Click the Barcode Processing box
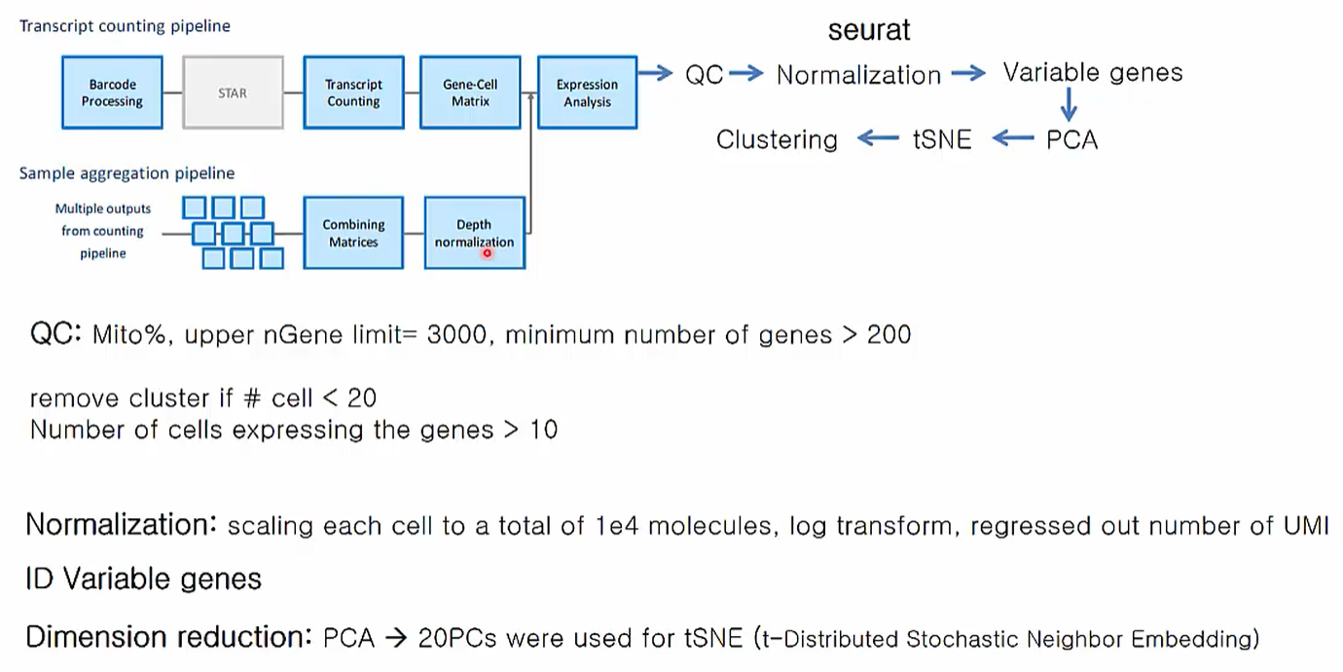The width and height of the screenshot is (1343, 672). pyautogui.click(x=112, y=93)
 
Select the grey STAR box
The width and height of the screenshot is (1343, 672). pyautogui.click(x=233, y=93)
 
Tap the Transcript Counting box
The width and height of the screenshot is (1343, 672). pyautogui.click(x=353, y=93)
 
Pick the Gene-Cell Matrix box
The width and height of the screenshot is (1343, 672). pyautogui.click(x=470, y=93)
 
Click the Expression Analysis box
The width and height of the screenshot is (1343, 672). pyautogui.click(x=587, y=93)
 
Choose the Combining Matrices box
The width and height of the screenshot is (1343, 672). pyautogui.click(x=353, y=233)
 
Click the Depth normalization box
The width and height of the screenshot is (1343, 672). pyautogui.click(x=474, y=233)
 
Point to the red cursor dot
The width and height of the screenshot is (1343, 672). pyautogui.click(x=487, y=253)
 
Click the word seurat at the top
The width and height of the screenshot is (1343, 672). pyautogui.click(x=869, y=30)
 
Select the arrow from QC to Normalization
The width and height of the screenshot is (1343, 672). pyautogui.click(x=746, y=73)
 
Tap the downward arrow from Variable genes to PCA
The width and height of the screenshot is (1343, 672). pyautogui.click(x=1069, y=104)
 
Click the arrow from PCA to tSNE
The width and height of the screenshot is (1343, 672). pyautogui.click(x=1013, y=139)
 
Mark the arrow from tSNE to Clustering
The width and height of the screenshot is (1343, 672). pyautogui.click(x=878, y=139)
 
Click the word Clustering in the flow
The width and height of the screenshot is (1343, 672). pyautogui.click(x=777, y=140)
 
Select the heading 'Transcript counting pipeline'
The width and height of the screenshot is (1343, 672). pyautogui.click(x=125, y=26)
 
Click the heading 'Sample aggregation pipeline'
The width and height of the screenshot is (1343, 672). pyautogui.click(x=127, y=173)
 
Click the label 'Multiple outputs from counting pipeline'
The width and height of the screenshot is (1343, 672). pyautogui.click(x=103, y=231)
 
